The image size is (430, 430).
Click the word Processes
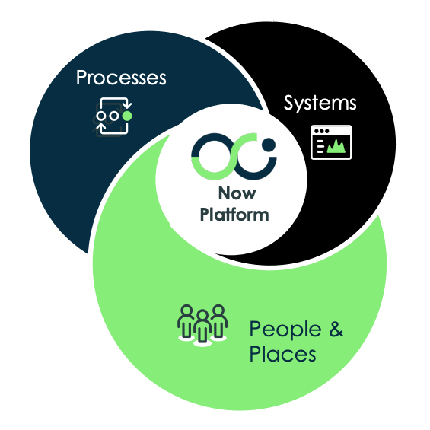[121, 78]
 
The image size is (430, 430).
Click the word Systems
[320, 103]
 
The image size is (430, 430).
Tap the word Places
[282, 354]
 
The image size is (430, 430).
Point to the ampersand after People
[336, 330]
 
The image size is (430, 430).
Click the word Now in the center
[232, 194]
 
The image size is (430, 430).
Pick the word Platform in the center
[234, 215]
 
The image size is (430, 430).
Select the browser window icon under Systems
[331, 142]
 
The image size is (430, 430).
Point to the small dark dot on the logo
[268, 143]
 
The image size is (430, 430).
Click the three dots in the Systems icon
[320, 131]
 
